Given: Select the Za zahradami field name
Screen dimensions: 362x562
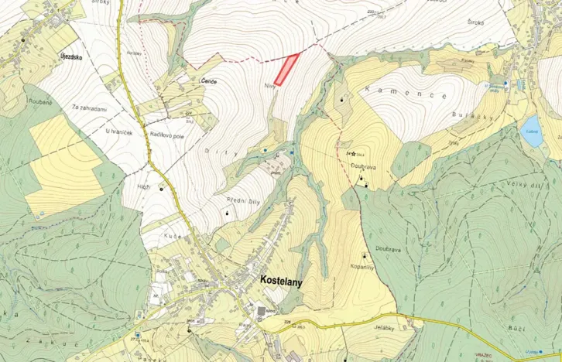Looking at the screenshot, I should (89, 108).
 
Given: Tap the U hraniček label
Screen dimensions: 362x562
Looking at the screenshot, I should (118, 131).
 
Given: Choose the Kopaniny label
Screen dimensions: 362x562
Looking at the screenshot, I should (364, 266).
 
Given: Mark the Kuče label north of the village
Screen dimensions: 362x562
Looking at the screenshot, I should (171, 234).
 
